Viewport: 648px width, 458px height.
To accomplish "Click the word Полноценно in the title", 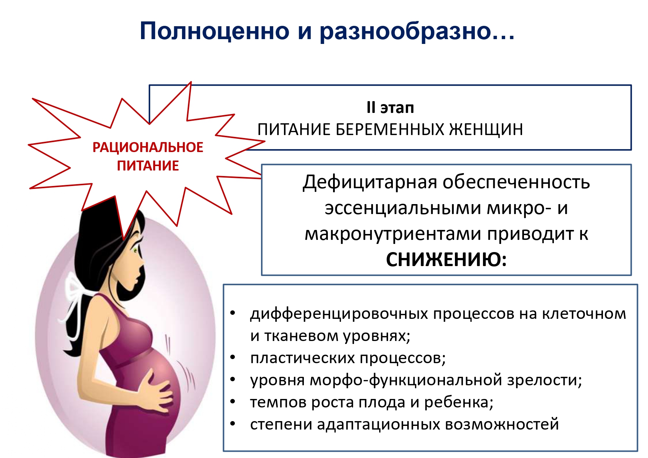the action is (215, 31).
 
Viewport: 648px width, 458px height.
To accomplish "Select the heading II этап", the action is (390, 108).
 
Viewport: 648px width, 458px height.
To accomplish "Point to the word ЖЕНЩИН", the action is (486, 130).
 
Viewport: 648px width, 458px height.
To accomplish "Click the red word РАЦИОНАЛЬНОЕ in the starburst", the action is (148, 147).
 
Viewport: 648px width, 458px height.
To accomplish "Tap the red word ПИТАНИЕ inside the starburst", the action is (148, 166).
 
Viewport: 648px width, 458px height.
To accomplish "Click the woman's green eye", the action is (136, 251).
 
